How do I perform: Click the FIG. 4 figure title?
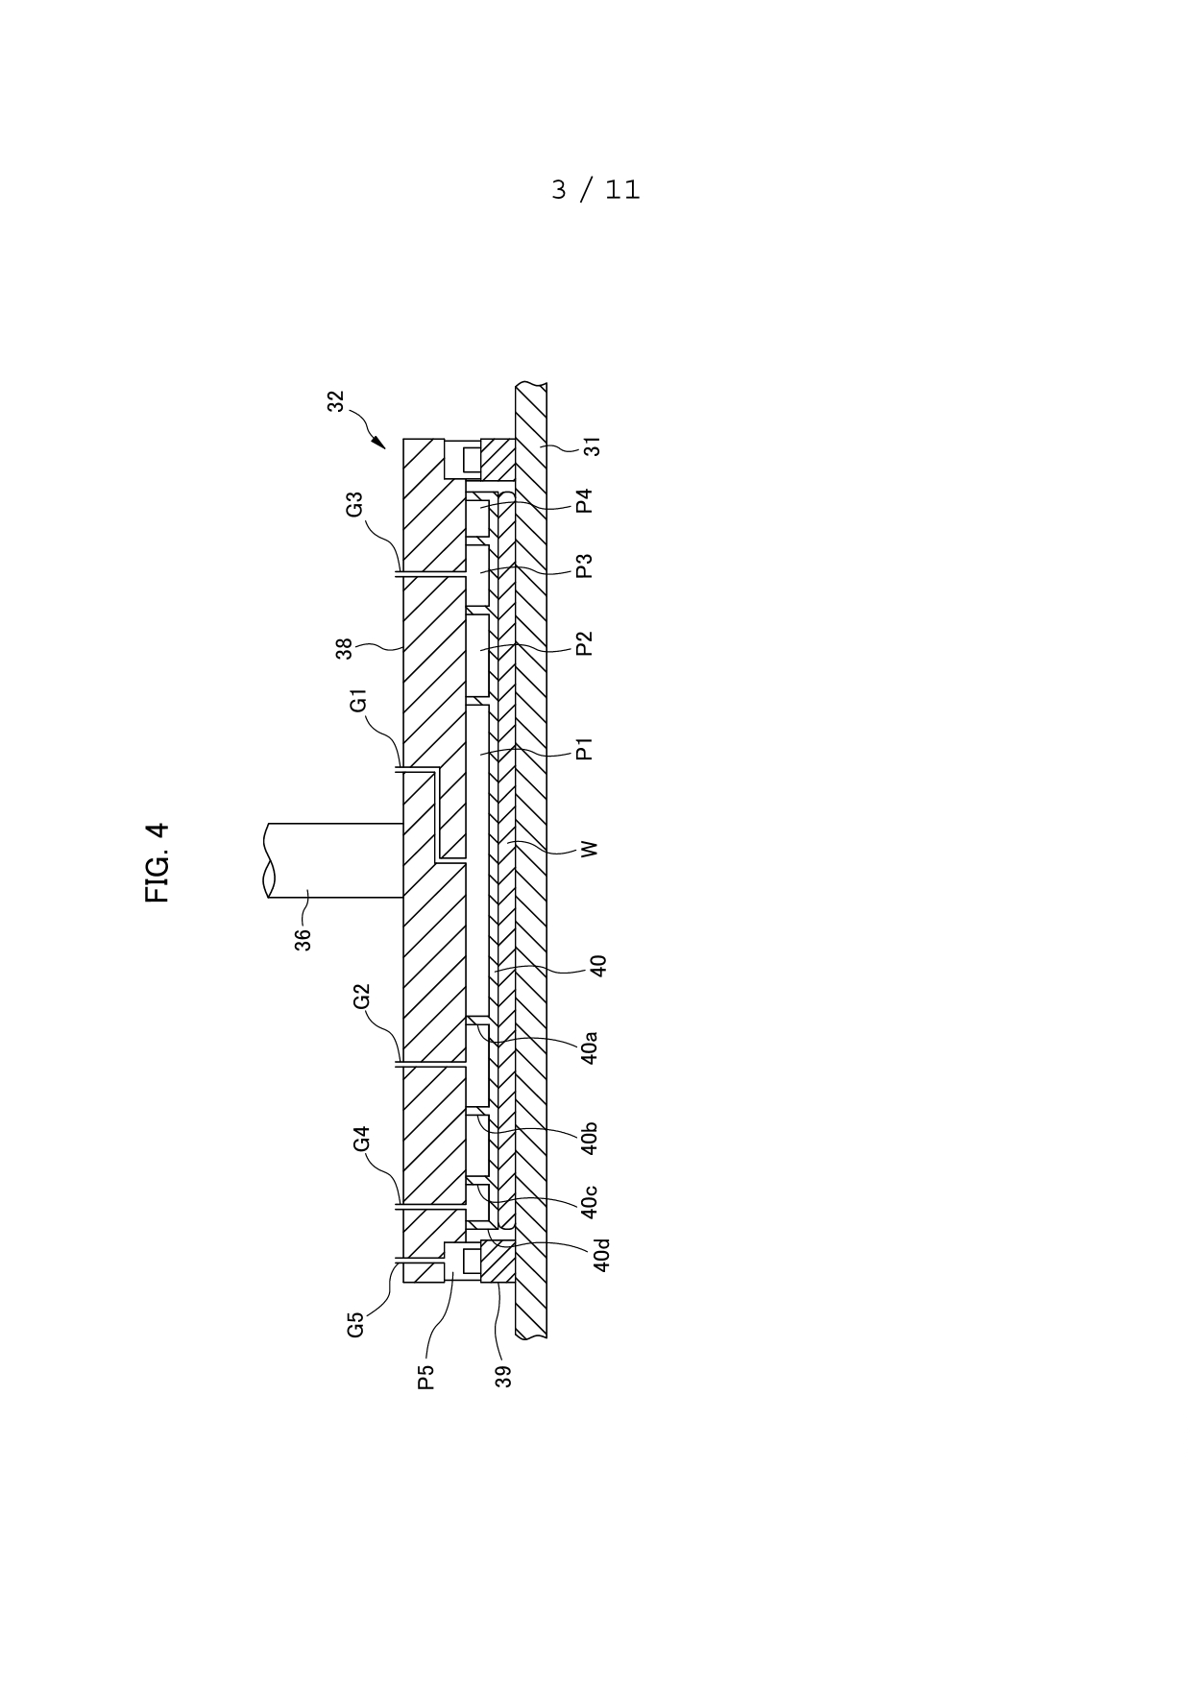pos(158,862)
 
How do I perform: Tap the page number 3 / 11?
pos(595,190)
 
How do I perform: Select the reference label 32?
pos(335,401)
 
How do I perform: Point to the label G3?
pos(355,504)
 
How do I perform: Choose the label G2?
pos(362,997)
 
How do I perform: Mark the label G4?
pos(362,1140)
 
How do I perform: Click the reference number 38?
pos(345,649)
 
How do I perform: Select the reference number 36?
pos(303,939)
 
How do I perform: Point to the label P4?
pos(584,501)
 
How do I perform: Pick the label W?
pos(590,849)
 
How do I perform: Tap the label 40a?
pos(590,1047)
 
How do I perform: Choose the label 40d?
pos(601,1256)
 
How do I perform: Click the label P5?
pos(426,1377)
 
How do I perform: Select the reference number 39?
pos(503,1377)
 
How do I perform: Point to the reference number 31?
pos(593,446)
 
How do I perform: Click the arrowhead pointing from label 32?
pos(380,443)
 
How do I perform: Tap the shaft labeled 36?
pos(333,861)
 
